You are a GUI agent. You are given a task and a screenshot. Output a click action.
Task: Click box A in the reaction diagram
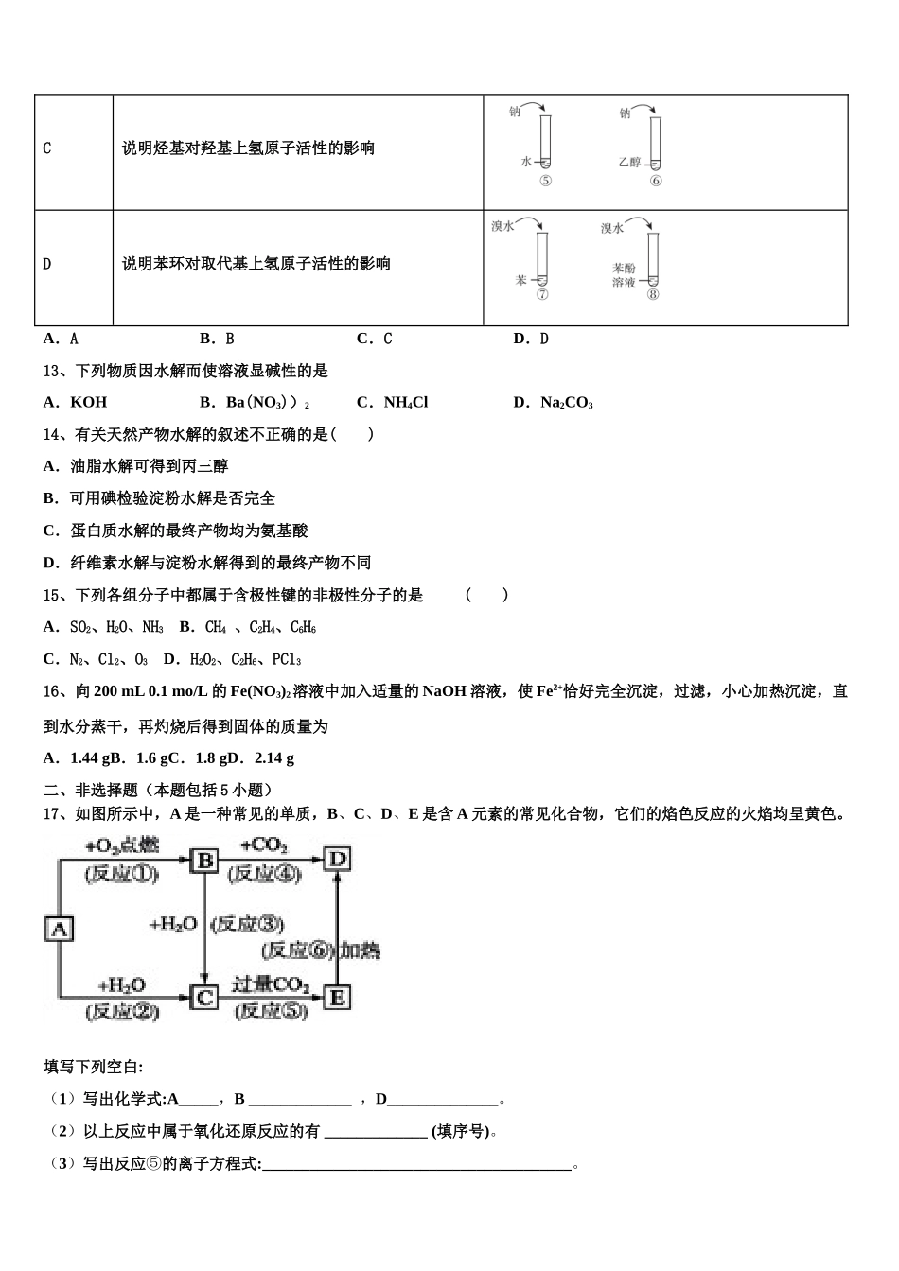[59, 929]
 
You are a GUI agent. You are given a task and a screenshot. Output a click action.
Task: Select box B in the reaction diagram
[204, 860]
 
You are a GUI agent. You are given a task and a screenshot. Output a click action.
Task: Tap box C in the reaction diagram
[204, 997]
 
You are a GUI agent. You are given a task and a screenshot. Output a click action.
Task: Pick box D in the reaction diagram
[337, 859]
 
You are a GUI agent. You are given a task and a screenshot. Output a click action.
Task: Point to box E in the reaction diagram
[337, 997]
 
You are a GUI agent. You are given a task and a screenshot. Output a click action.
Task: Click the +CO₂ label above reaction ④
[264, 844]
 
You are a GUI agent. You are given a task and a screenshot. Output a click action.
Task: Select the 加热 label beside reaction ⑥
[361, 949]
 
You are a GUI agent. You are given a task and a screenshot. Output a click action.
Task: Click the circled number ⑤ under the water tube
[545, 181]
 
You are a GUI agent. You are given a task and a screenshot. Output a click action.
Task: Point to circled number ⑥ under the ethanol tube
[656, 181]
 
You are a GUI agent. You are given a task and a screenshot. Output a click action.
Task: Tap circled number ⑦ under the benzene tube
[542, 294]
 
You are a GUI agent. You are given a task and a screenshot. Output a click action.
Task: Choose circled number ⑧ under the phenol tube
[653, 294]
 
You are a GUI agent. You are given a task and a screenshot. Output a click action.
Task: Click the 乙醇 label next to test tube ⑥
[629, 162]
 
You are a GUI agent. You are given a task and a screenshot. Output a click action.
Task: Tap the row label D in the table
[47, 264]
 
